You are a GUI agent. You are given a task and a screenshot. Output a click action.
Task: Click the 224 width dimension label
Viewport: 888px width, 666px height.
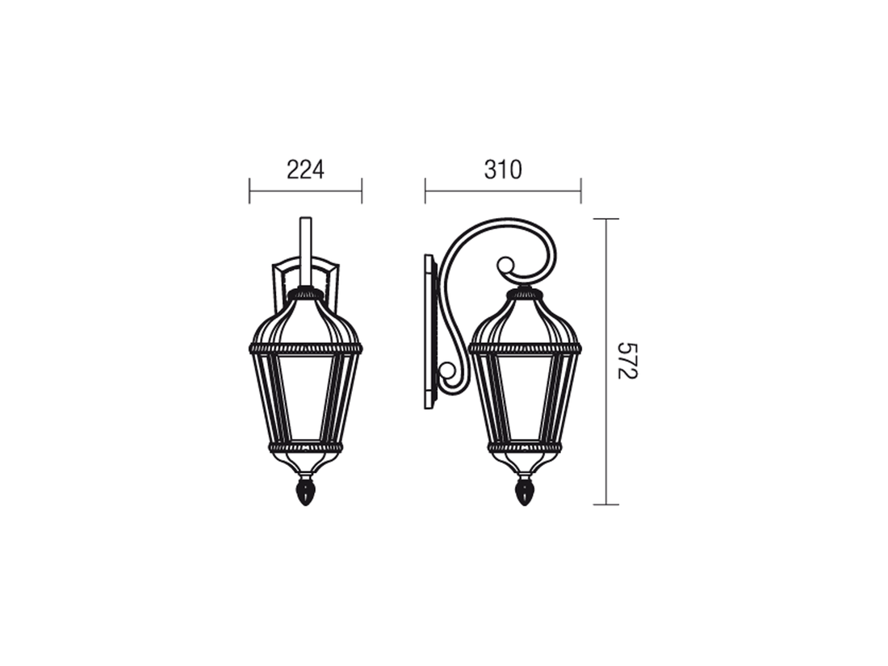coord(305,170)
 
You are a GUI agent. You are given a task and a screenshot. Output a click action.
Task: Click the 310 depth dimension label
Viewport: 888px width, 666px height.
coord(503,170)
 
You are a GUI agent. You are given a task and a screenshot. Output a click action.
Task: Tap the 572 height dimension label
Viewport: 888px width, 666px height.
coord(627,361)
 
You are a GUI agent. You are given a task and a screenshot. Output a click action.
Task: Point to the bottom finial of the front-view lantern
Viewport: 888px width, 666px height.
coord(306,492)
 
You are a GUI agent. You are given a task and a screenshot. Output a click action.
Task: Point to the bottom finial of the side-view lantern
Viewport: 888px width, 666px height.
coord(525,492)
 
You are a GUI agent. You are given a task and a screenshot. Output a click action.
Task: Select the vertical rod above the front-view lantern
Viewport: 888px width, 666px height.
coord(306,252)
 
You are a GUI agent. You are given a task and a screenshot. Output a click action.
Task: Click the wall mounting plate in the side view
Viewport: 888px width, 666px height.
coord(431,331)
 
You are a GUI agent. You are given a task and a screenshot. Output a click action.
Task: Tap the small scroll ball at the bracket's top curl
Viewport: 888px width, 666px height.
coord(505,266)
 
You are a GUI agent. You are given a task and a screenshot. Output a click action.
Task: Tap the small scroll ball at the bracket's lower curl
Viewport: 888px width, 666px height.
coord(447,371)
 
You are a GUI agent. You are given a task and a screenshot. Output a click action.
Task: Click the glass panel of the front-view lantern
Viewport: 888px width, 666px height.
coord(306,397)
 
